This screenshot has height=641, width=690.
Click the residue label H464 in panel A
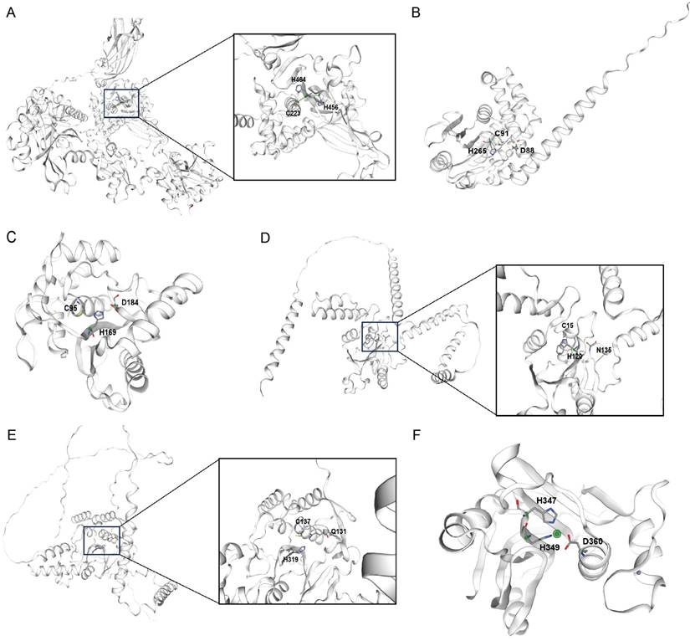pyautogui.click(x=299, y=79)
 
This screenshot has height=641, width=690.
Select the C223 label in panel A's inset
pyautogui.click(x=294, y=112)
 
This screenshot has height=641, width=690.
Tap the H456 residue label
pyautogui.click(x=330, y=108)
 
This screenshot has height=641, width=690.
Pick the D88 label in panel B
pyautogui.click(x=527, y=151)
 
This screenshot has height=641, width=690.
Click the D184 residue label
pyautogui.click(x=130, y=302)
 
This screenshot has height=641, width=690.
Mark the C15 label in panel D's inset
pyautogui.click(x=567, y=325)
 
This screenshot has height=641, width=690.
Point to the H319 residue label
pyautogui.click(x=291, y=559)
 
